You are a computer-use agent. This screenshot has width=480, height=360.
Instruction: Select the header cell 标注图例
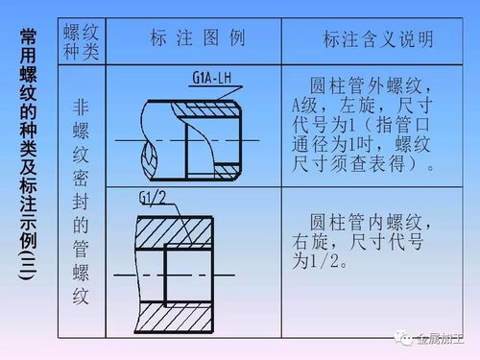pyautogui.click(x=198, y=39)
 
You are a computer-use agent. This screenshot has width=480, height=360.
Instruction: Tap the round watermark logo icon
pyautogui.click(x=407, y=338)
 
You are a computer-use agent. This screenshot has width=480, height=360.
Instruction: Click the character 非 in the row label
pyautogui.click(x=80, y=108)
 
